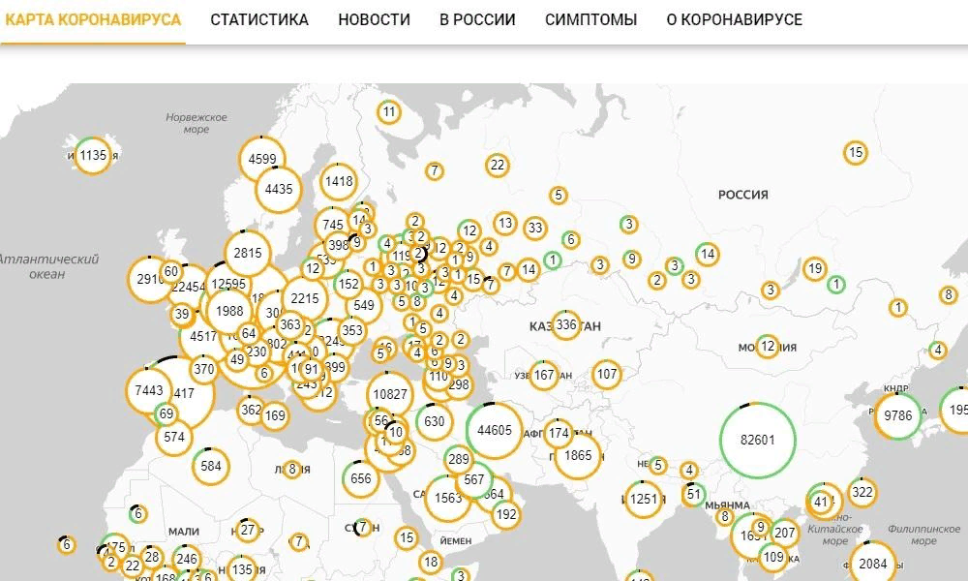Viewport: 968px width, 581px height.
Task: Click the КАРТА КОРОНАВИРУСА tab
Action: (92, 19)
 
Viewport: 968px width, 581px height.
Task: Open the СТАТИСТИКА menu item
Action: (259, 19)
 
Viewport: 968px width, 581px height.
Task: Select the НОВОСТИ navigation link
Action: (374, 19)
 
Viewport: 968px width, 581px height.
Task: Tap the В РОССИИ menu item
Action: (477, 19)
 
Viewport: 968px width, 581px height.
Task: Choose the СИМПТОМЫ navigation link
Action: (590, 19)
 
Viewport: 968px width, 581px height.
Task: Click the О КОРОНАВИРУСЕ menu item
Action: (734, 19)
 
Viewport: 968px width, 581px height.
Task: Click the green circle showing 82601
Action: (757, 440)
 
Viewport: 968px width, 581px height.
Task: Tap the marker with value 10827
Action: (391, 394)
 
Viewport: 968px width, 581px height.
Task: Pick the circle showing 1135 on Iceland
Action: (93, 155)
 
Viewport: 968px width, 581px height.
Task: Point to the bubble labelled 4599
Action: (262, 160)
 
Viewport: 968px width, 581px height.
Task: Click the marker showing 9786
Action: (899, 415)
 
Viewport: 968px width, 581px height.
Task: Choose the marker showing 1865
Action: (578, 455)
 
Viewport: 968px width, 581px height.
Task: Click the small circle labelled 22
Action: (498, 165)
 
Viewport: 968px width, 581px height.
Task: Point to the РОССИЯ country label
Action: (742, 195)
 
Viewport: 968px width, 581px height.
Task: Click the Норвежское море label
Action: (196, 123)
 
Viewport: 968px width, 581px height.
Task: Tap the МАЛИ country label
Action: (183, 531)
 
